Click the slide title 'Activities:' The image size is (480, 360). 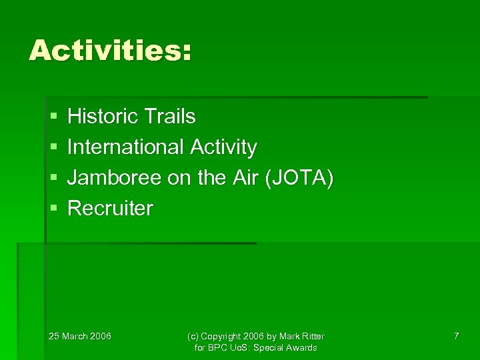110,51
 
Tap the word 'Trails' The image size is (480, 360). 171,117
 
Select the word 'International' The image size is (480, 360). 126,147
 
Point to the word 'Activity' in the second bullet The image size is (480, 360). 223,147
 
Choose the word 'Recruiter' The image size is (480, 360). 110,209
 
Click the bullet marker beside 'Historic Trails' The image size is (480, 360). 53,117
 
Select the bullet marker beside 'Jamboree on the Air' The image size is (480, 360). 53,179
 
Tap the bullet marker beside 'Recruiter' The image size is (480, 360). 53,209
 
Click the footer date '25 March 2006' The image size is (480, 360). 80,336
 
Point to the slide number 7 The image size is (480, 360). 456,336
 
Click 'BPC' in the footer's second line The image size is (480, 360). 218,348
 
